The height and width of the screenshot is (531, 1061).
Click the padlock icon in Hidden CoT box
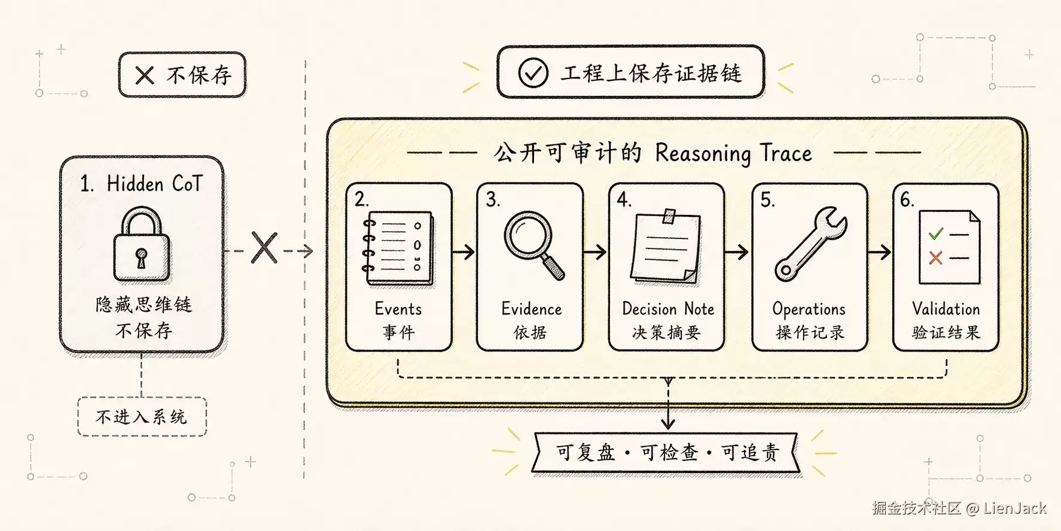(x=142, y=244)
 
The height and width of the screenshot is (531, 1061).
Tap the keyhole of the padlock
(x=141, y=257)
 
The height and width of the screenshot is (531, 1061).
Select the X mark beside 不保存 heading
(x=145, y=75)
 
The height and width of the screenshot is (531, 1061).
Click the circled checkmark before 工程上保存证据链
(x=532, y=73)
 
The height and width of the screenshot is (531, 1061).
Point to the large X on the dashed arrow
(x=264, y=248)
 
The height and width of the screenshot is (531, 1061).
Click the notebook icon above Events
(x=398, y=249)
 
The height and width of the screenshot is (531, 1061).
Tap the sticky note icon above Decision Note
(x=666, y=246)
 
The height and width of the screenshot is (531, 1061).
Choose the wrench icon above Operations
(x=810, y=244)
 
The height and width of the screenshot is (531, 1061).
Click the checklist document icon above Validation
(x=949, y=247)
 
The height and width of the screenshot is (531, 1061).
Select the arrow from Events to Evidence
(x=464, y=252)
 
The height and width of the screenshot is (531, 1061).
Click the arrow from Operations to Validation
(x=879, y=252)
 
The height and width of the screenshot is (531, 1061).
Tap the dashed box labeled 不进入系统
(x=142, y=417)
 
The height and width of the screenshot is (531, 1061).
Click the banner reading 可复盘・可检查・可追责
(x=666, y=453)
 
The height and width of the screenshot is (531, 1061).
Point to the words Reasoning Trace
(x=733, y=154)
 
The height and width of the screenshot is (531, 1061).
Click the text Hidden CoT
(x=155, y=184)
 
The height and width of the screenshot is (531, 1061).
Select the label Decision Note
(x=668, y=309)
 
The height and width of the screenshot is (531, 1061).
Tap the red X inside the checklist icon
(x=935, y=258)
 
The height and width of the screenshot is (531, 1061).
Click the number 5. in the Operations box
(x=767, y=200)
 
